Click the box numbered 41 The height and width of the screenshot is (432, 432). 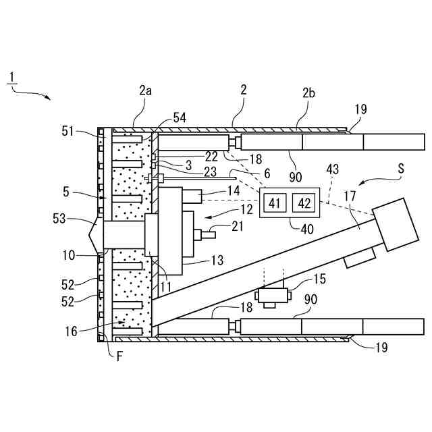(275, 202)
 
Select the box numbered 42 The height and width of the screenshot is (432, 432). (304, 202)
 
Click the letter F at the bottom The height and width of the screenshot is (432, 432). (119, 356)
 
